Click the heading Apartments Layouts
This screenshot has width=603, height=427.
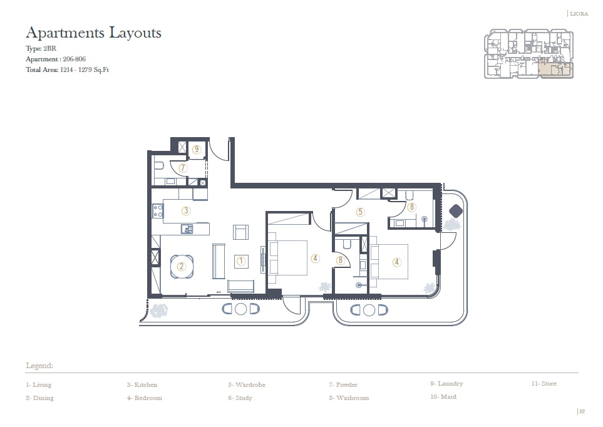[93, 33]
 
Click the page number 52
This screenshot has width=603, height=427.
[582, 411]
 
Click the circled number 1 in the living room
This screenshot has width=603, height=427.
[240, 260]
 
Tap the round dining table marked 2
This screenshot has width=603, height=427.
[182, 266]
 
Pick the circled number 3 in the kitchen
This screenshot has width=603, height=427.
[185, 211]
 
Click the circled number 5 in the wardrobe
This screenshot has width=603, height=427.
[360, 212]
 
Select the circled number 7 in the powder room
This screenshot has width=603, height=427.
[183, 168]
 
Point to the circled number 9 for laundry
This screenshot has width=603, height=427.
[197, 149]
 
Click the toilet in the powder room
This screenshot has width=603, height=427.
[158, 167]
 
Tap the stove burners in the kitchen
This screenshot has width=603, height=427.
[155, 212]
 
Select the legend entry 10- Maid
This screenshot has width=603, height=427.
[443, 396]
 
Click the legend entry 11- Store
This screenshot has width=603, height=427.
[544, 383]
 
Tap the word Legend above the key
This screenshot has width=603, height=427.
[39, 365]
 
